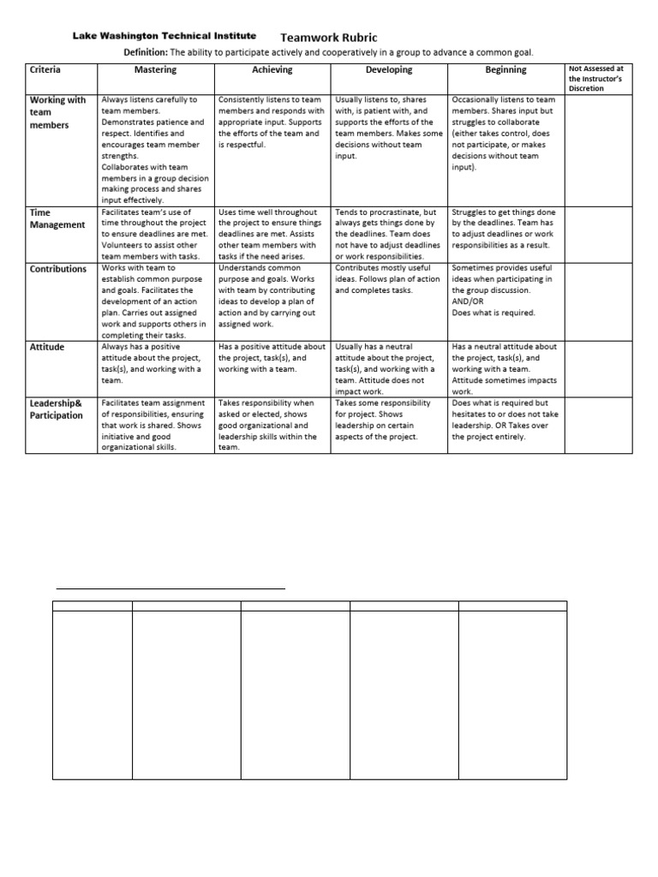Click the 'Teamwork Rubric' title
click(x=328, y=38)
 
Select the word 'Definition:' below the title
click(x=152, y=52)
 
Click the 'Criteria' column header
click(x=45, y=70)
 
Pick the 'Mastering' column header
click(x=155, y=70)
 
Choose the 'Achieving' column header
click(x=272, y=70)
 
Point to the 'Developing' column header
click(x=389, y=70)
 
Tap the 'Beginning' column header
click(x=505, y=70)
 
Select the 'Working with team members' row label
click(x=58, y=112)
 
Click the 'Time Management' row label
click(x=57, y=218)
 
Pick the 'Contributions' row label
click(x=58, y=269)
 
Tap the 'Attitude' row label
click(x=47, y=347)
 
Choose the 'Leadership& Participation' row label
click(x=57, y=409)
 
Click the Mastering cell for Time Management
click(x=155, y=234)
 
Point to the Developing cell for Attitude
click(x=389, y=369)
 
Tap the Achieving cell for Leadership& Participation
click(x=272, y=425)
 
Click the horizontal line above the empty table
click(x=170, y=589)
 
